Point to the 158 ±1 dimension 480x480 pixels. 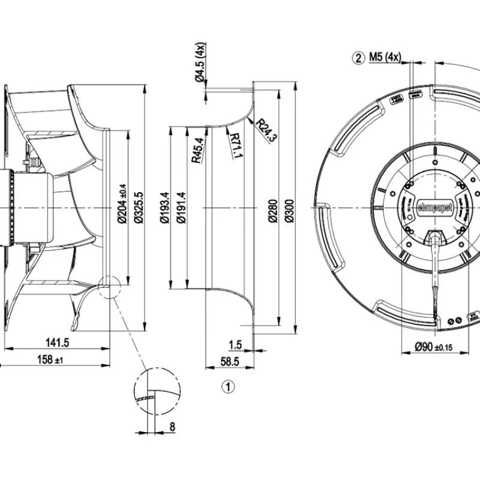[x=50, y=359]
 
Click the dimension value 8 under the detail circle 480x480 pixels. [x=172, y=428]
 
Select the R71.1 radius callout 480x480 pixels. [x=235, y=146]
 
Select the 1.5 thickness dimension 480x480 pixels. [x=235, y=344]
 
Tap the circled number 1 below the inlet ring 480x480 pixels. [x=228, y=387]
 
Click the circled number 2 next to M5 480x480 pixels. [x=359, y=58]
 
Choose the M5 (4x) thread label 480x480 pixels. [x=385, y=58]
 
